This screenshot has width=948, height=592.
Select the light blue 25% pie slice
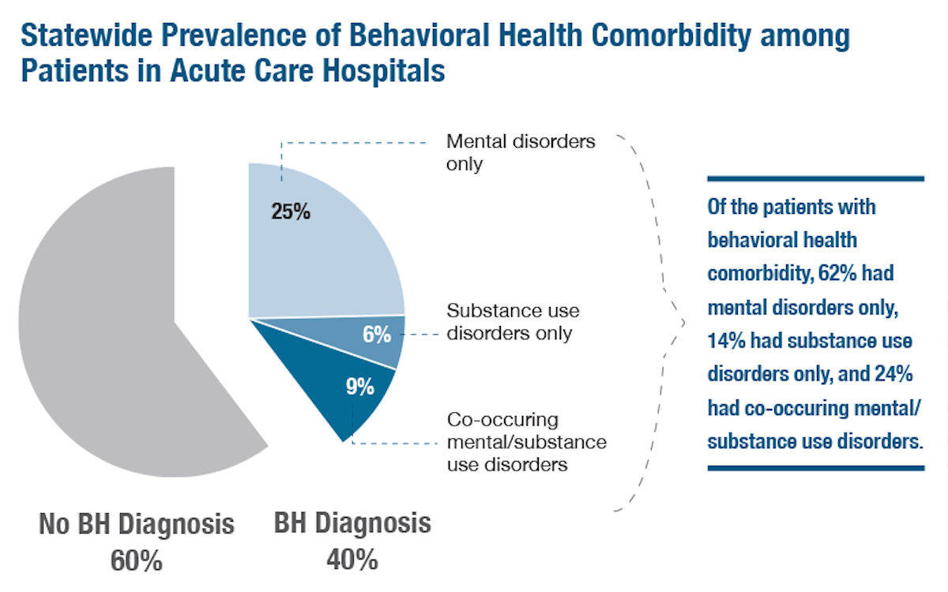[332, 253]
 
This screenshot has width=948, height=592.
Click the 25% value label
[291, 212]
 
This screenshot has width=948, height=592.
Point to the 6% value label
[377, 335]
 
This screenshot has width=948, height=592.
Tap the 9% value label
[359, 388]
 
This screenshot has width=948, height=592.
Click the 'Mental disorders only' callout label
[521, 154]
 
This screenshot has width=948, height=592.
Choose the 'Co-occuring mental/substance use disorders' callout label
[526, 441]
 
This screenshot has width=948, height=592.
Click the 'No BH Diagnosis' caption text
[137, 524]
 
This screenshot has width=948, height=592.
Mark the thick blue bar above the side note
[815, 179]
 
